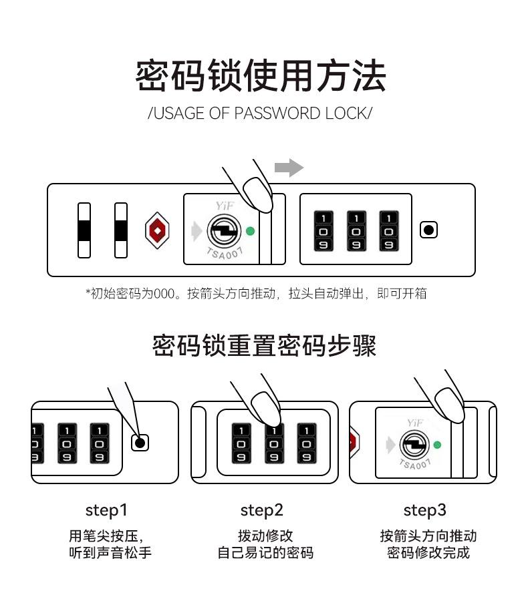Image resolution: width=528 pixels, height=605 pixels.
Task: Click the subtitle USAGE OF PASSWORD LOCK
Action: click(259, 113)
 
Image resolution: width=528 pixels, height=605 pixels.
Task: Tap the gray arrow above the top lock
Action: click(289, 168)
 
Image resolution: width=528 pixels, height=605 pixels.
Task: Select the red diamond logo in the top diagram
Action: click(158, 230)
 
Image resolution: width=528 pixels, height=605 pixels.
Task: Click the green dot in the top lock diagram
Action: click(250, 231)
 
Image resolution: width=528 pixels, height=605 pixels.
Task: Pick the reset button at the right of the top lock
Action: click(428, 230)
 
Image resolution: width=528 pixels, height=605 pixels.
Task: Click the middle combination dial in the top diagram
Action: click(356, 231)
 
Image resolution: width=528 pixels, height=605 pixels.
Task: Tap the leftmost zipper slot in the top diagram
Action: click(84, 230)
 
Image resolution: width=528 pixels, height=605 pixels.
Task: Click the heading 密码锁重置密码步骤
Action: click(264, 346)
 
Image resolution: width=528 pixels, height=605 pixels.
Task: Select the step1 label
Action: click(106, 510)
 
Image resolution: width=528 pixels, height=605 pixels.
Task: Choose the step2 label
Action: click(262, 510)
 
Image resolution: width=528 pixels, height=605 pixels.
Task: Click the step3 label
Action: click(424, 510)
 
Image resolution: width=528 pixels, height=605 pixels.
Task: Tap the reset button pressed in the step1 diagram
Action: click(140, 442)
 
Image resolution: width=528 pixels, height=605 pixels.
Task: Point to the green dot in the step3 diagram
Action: click(437, 445)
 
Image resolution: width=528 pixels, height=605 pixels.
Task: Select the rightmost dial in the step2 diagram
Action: click(307, 443)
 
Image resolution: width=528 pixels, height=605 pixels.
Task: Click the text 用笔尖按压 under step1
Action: click(106, 536)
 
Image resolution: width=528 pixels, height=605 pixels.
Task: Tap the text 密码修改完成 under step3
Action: click(428, 553)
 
